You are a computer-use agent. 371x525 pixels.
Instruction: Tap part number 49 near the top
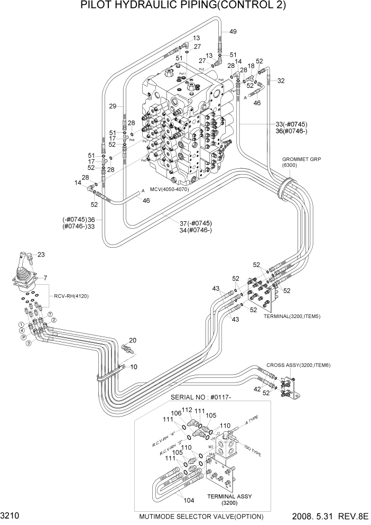(x=233, y=32)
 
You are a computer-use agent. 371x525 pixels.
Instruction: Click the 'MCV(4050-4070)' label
(x=169, y=189)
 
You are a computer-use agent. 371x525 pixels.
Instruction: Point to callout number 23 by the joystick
(x=41, y=255)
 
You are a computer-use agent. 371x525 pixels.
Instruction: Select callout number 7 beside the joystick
(x=45, y=278)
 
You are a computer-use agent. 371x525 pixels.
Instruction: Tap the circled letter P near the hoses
(x=23, y=337)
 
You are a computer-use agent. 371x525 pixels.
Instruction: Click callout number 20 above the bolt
(x=133, y=340)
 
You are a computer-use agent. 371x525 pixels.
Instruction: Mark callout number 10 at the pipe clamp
(x=134, y=367)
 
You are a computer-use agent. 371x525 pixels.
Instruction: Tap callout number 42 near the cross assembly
(x=257, y=389)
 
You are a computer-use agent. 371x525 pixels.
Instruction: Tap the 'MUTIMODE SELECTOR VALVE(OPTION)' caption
(x=201, y=517)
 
